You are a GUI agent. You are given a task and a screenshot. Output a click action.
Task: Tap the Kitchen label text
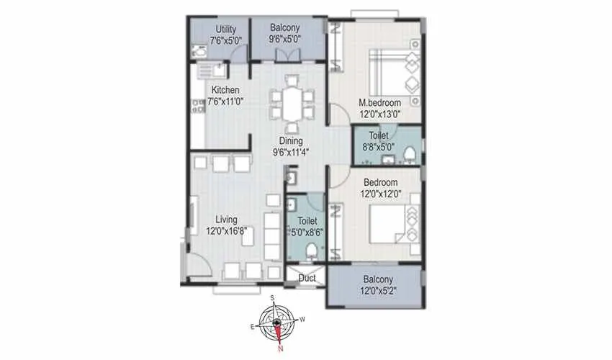point(225,91)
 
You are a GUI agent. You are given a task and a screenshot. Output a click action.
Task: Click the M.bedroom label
point(380,103)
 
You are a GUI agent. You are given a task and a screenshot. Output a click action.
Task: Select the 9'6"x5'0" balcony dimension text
point(285,40)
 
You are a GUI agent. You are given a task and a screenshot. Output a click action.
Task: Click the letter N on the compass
point(281,349)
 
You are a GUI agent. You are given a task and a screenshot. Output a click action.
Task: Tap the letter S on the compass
point(272,297)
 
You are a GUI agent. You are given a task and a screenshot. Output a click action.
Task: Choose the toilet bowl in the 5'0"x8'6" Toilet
point(310,251)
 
